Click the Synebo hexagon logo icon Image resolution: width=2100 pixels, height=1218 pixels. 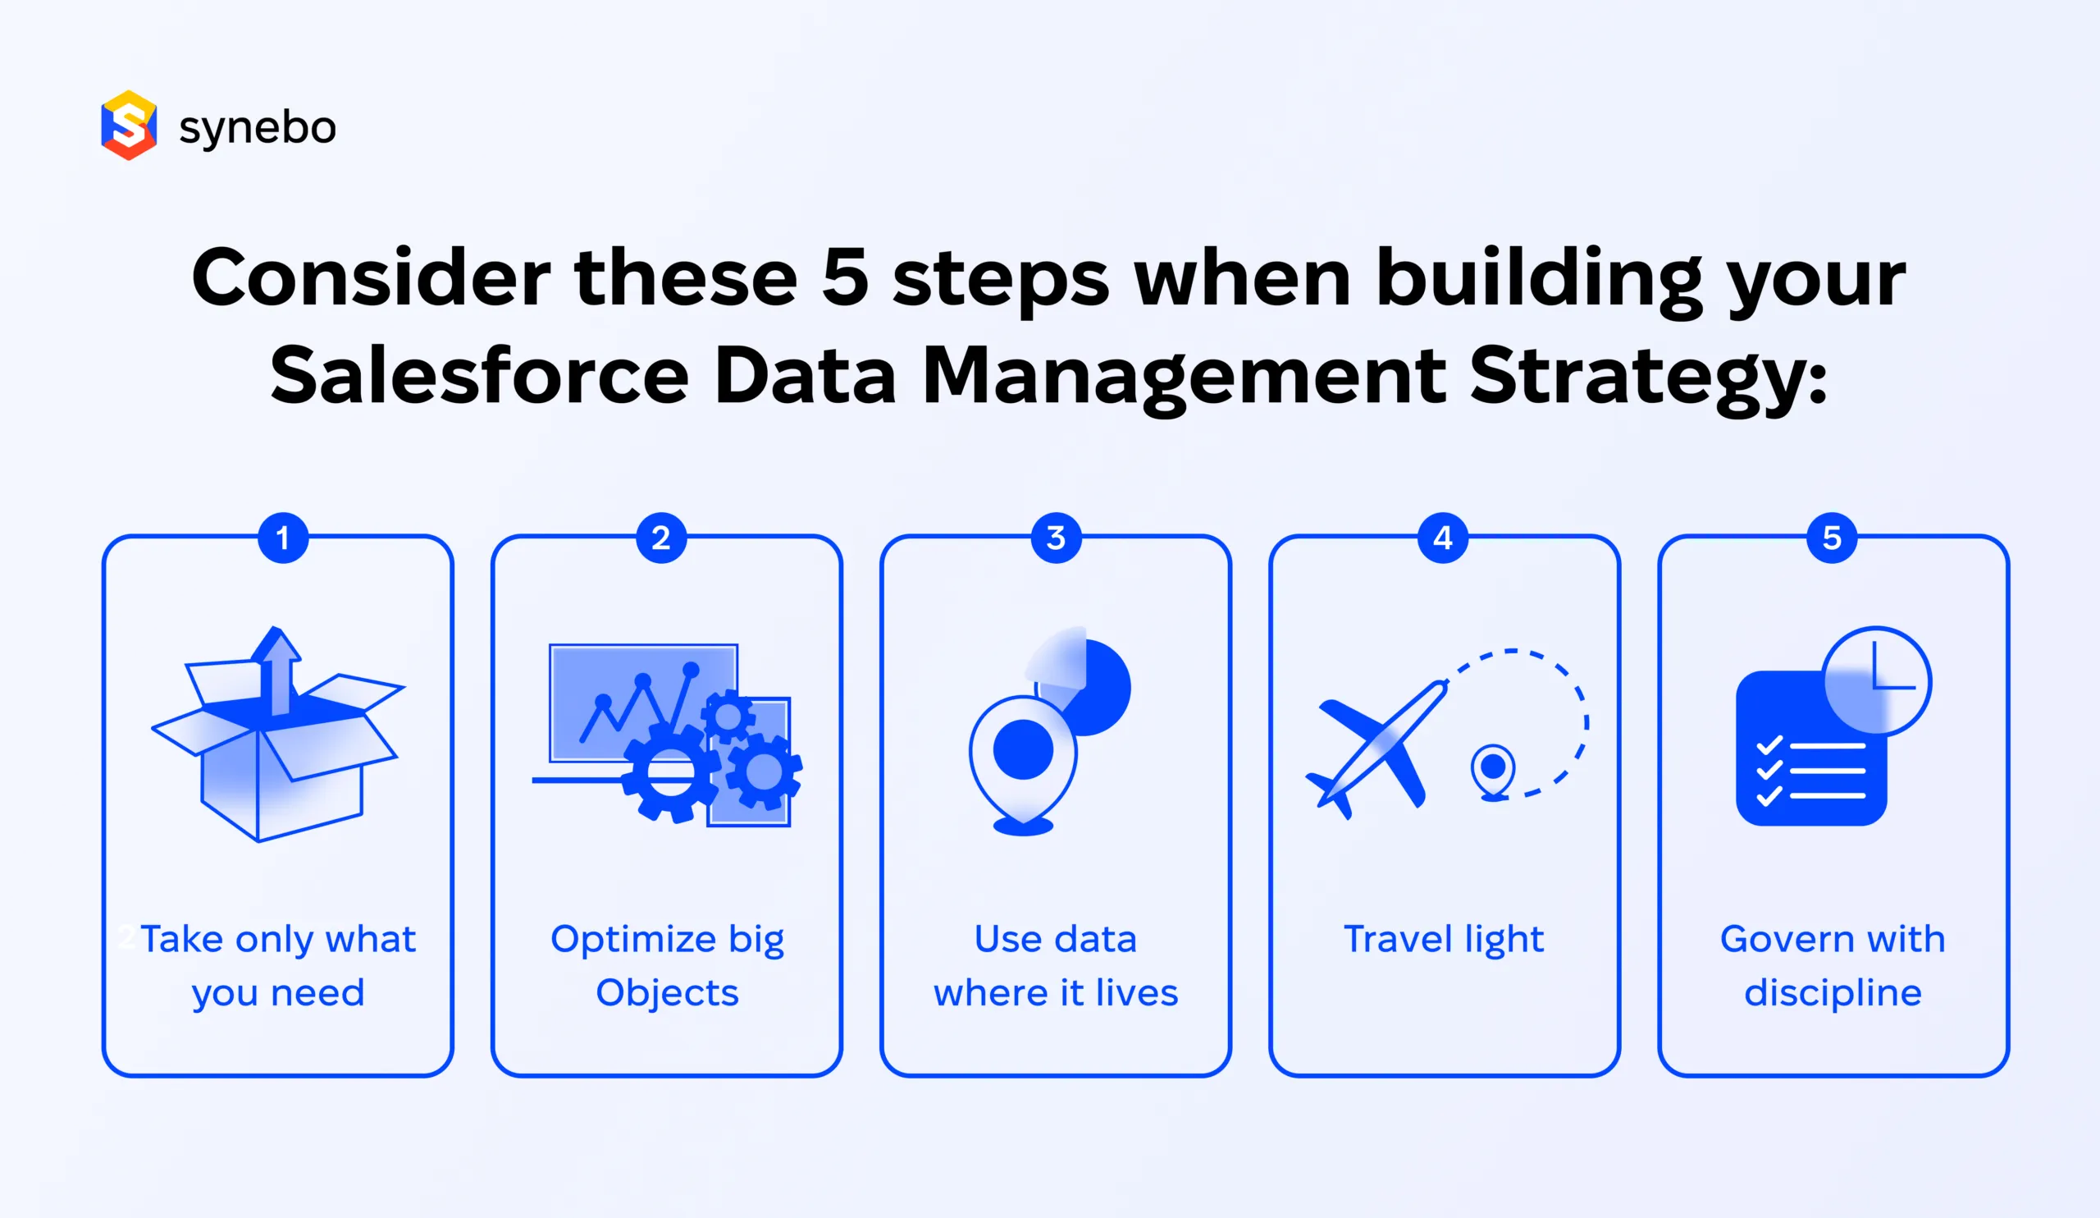[x=128, y=125]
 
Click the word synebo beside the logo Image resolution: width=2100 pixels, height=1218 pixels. [x=258, y=127]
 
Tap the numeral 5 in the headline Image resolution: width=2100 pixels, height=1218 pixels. [x=844, y=277]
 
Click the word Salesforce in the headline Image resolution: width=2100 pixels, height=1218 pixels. [x=479, y=376]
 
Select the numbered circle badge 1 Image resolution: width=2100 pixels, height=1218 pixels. [x=283, y=538]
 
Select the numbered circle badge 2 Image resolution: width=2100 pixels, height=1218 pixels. [x=661, y=538]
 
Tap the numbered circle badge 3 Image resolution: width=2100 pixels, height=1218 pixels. [x=1056, y=538]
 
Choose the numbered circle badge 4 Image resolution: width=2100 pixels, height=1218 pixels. [x=1442, y=538]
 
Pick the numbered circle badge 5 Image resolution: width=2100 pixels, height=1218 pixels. [x=1832, y=538]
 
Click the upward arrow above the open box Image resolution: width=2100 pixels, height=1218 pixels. [x=276, y=667]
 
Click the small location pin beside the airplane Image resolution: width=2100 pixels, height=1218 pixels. [x=1492, y=769]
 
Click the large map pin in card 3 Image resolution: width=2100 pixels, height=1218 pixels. [x=1022, y=754]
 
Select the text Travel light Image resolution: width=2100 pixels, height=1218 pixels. [x=1443, y=940]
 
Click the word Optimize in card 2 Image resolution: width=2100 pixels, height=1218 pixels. [x=632, y=940]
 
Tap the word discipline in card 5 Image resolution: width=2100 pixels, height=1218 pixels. [x=1833, y=993]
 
